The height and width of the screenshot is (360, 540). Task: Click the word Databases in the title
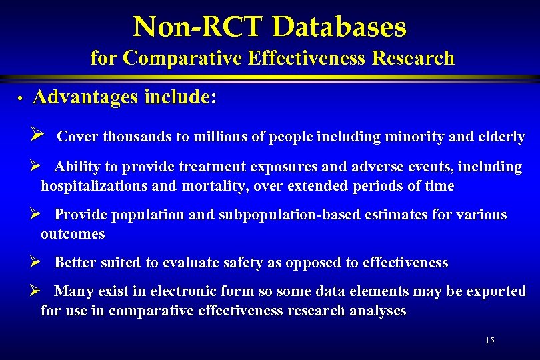[339, 27]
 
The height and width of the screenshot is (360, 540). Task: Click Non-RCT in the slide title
[198, 27]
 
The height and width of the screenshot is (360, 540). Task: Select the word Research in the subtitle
[413, 59]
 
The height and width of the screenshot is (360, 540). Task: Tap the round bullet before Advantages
[21, 99]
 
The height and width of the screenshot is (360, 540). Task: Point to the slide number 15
[490, 341]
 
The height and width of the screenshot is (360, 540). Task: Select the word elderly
[501, 137]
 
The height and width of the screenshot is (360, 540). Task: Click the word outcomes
[73, 234]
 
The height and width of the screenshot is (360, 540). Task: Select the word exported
[496, 291]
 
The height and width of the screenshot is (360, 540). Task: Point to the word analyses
[379, 311]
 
